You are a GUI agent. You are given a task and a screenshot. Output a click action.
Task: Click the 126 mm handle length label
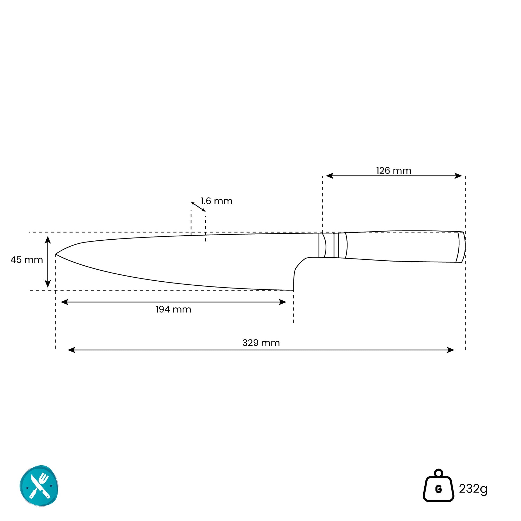pyautogui.click(x=394, y=171)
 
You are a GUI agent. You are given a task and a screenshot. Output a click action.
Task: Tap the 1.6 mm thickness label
pyautogui.click(x=217, y=201)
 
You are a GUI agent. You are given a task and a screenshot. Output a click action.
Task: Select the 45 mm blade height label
pyautogui.click(x=27, y=260)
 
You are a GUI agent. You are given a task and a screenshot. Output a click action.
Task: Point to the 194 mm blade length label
pyautogui.click(x=173, y=309)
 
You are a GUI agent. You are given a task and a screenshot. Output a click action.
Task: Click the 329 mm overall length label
pyautogui.click(x=261, y=343)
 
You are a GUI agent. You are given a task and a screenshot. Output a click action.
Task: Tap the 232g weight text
pyautogui.click(x=473, y=489)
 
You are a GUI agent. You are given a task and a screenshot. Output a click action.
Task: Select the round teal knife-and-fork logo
pyautogui.click(x=39, y=486)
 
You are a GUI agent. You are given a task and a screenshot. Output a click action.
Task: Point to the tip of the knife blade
pyautogui.click(x=56, y=254)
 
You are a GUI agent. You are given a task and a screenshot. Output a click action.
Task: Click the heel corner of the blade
pyautogui.click(x=293, y=290)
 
